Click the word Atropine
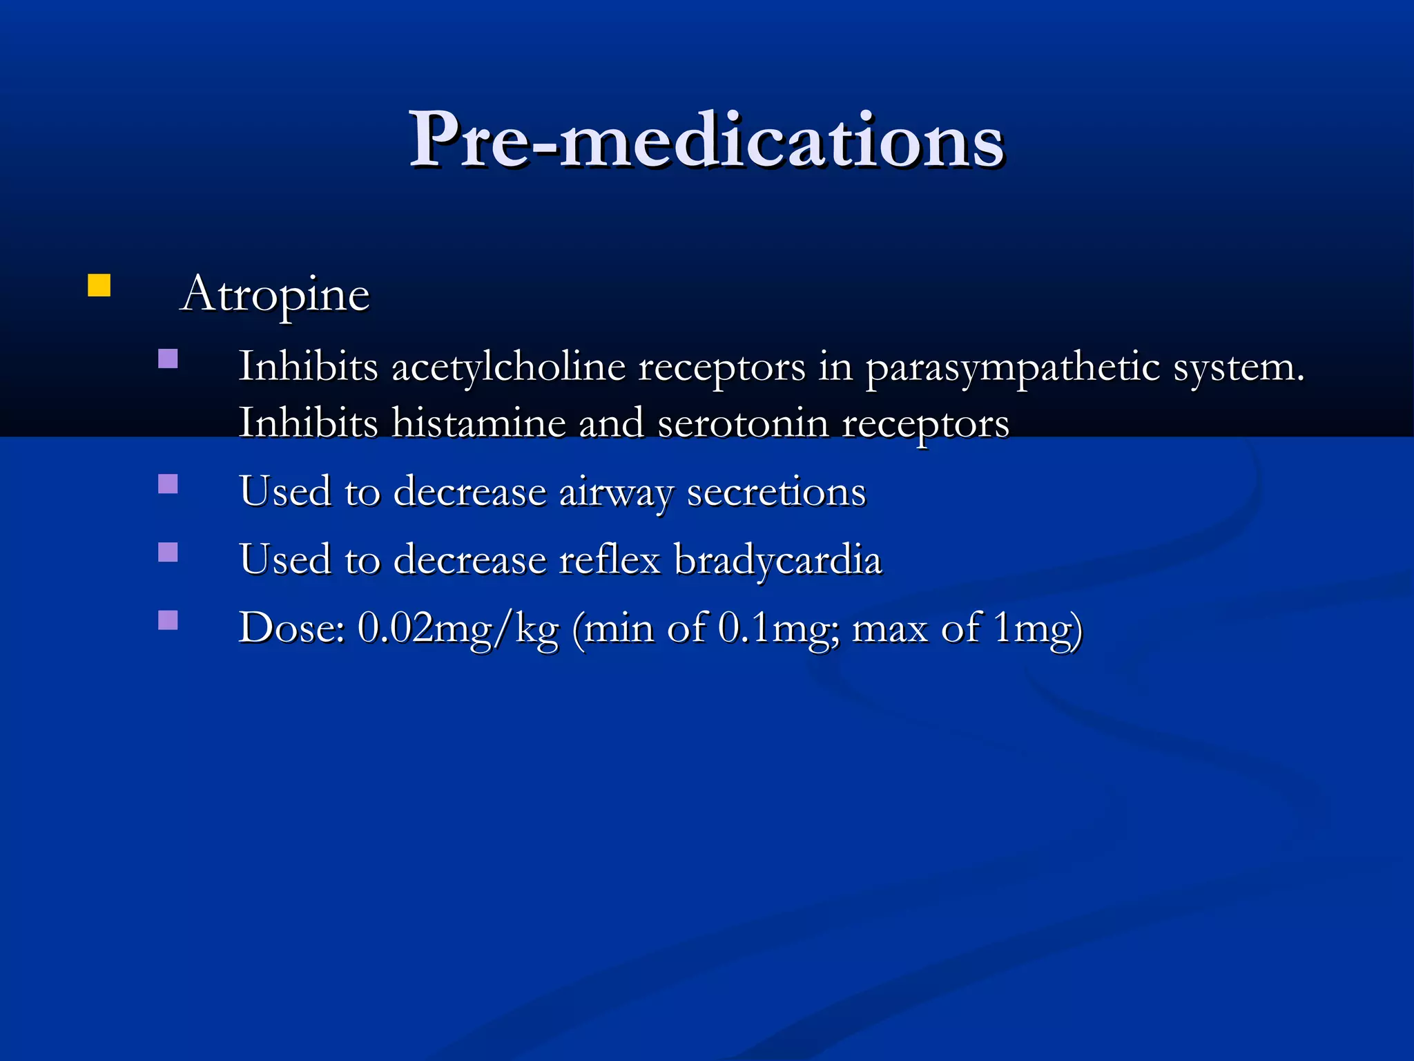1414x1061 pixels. click(275, 294)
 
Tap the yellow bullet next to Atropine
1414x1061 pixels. click(99, 285)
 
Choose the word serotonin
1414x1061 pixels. click(743, 423)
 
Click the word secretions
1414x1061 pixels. click(776, 492)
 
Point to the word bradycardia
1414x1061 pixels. click(777, 559)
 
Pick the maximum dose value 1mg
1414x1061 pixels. click(1030, 629)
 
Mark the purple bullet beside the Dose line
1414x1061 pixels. click(168, 620)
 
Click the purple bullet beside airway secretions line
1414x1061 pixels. click(168, 484)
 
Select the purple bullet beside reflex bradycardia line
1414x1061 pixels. click(168, 552)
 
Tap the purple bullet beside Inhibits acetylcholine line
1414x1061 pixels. click(168, 359)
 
